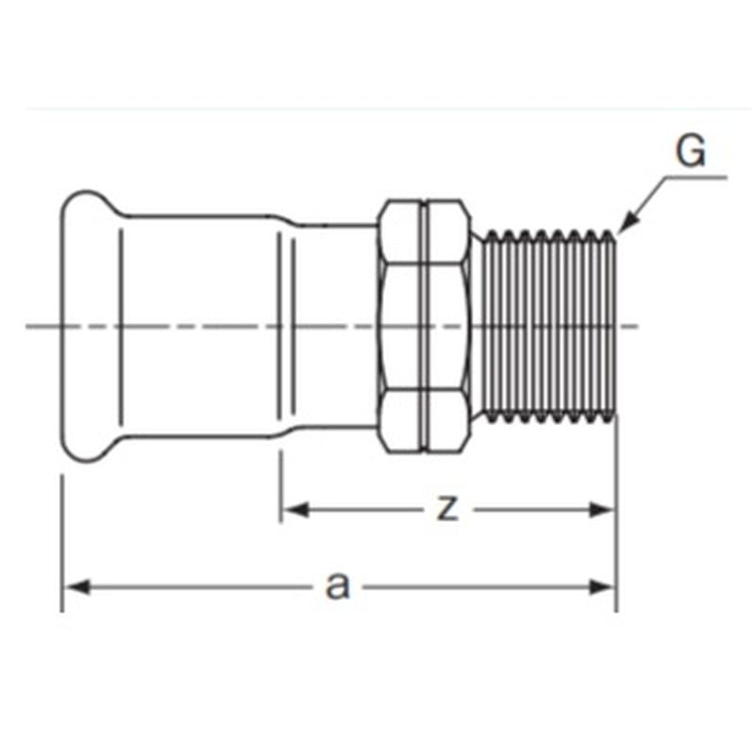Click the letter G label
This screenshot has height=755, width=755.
click(x=691, y=151)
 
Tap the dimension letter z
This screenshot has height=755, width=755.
click(x=447, y=509)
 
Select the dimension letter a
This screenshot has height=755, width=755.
click(x=338, y=586)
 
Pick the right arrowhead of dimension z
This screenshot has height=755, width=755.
click(x=602, y=510)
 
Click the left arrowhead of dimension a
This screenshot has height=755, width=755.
click(x=77, y=587)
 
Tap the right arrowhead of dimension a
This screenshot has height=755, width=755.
click(x=602, y=587)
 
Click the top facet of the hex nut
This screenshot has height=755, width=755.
click(x=424, y=232)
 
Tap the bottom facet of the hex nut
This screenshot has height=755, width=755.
click(x=424, y=420)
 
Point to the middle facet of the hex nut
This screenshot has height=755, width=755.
click(x=424, y=326)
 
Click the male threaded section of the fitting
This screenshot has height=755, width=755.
click(x=550, y=326)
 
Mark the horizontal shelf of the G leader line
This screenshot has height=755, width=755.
click(x=696, y=177)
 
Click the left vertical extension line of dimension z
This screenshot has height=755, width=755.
click(x=280, y=486)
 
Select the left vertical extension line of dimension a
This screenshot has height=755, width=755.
click(x=62, y=544)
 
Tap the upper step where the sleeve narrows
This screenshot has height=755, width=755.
click(x=284, y=220)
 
